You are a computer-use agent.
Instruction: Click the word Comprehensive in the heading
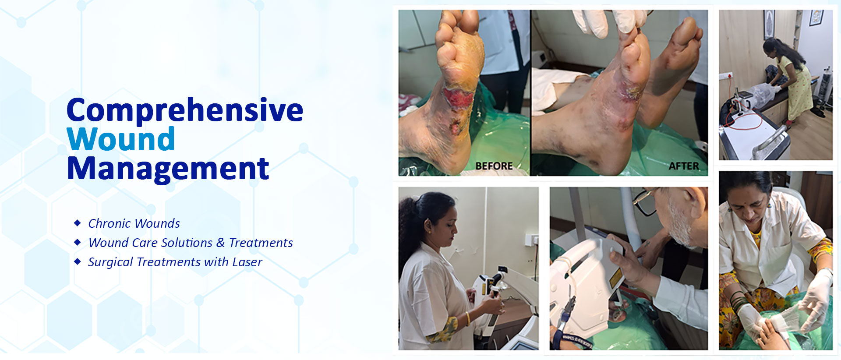(184, 110)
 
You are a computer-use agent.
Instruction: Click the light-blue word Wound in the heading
(121, 140)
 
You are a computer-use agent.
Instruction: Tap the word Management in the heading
(168, 169)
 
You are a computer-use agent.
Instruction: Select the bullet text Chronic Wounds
(134, 223)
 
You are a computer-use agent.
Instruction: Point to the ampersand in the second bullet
(220, 243)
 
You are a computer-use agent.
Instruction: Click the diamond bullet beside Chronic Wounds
(78, 223)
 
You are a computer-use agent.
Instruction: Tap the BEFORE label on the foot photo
(494, 166)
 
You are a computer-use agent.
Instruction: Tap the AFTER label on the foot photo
(683, 166)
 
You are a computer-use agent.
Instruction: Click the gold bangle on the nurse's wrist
(468, 318)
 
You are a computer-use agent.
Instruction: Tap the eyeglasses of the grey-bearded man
(644, 201)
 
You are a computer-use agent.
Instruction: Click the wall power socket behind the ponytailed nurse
(531, 240)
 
